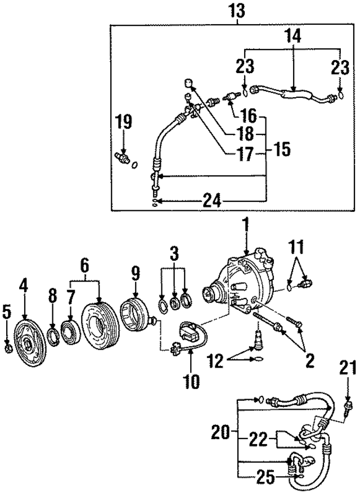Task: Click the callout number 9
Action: click(x=136, y=274)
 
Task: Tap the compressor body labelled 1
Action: click(x=245, y=281)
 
